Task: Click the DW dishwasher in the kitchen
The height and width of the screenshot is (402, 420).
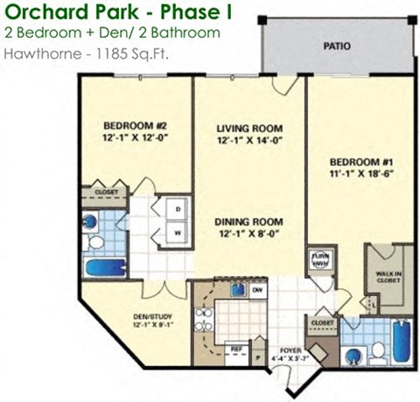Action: (x=257, y=289)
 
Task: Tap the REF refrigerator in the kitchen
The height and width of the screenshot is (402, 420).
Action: (x=235, y=349)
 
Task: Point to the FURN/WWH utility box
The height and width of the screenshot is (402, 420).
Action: (x=320, y=259)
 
